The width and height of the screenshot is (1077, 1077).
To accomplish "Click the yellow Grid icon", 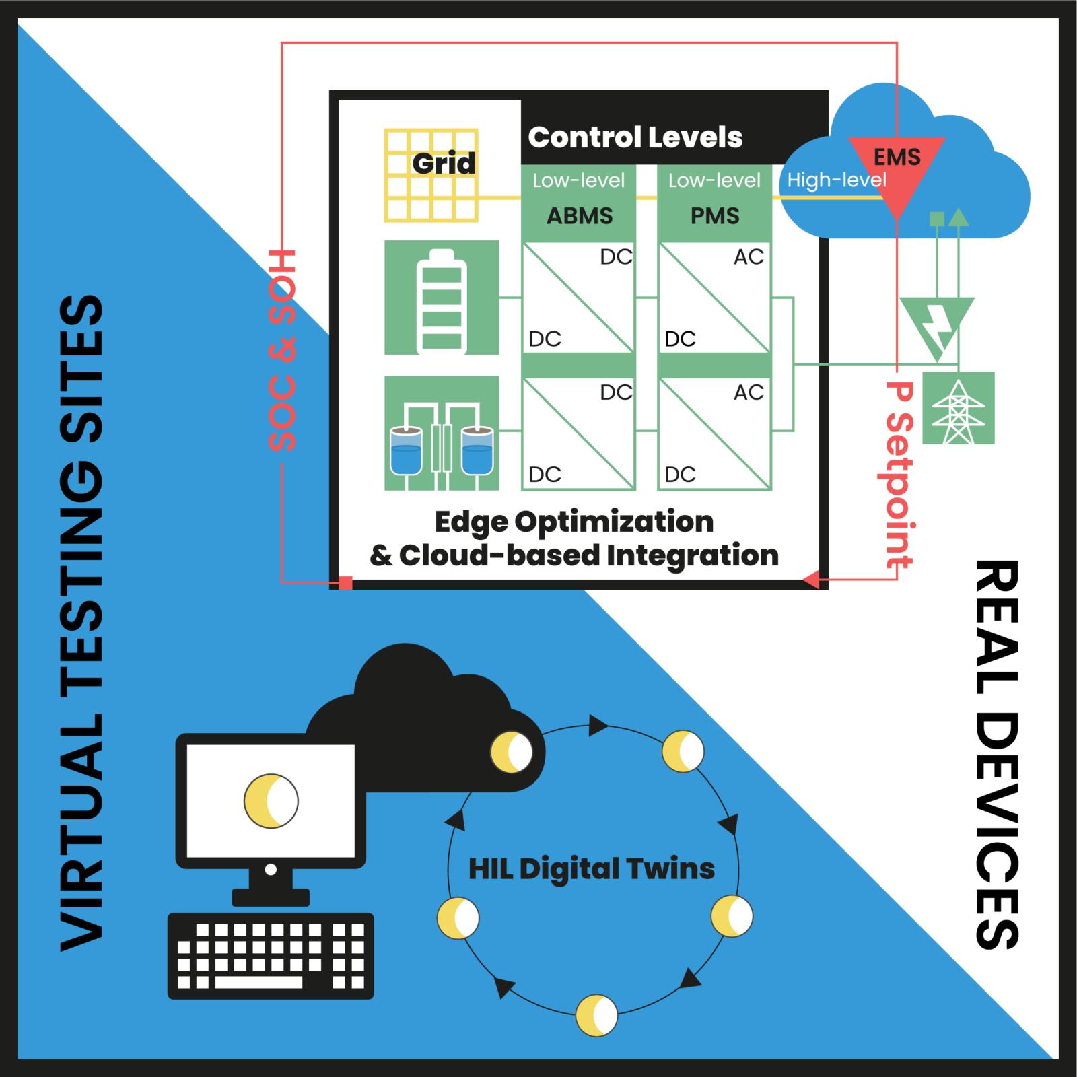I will pyautogui.click(x=431, y=176).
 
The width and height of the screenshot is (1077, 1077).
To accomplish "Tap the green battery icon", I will pyautogui.click(x=442, y=298).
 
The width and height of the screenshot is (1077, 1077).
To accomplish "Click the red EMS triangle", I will pyautogui.click(x=897, y=172).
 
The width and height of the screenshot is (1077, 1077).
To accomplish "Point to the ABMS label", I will pyautogui.click(x=580, y=216).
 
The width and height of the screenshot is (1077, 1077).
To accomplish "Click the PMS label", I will pyautogui.click(x=715, y=216).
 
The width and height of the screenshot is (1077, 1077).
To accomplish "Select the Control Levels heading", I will pyautogui.click(x=635, y=137).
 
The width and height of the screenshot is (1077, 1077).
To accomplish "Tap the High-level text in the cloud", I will pyautogui.click(x=836, y=180).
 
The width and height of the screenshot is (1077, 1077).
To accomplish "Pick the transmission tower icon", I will pyautogui.click(x=958, y=409).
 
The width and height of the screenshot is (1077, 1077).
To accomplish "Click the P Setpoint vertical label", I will pyautogui.click(x=899, y=475).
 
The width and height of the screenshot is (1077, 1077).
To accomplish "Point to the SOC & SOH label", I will pyautogui.click(x=282, y=350).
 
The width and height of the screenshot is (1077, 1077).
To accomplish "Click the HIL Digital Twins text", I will pyautogui.click(x=591, y=869).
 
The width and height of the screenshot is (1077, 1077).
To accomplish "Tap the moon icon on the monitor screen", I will pyautogui.click(x=271, y=801).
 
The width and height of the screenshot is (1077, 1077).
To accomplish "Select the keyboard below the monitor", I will pyautogui.click(x=271, y=956).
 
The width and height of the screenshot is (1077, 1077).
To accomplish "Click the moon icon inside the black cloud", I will pyautogui.click(x=512, y=752).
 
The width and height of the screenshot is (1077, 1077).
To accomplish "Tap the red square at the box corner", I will pyautogui.click(x=345, y=583).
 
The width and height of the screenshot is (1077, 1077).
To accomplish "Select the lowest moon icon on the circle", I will pyautogui.click(x=596, y=1015).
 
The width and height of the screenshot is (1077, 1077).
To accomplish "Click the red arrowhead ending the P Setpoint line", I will pyautogui.click(x=812, y=579).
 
